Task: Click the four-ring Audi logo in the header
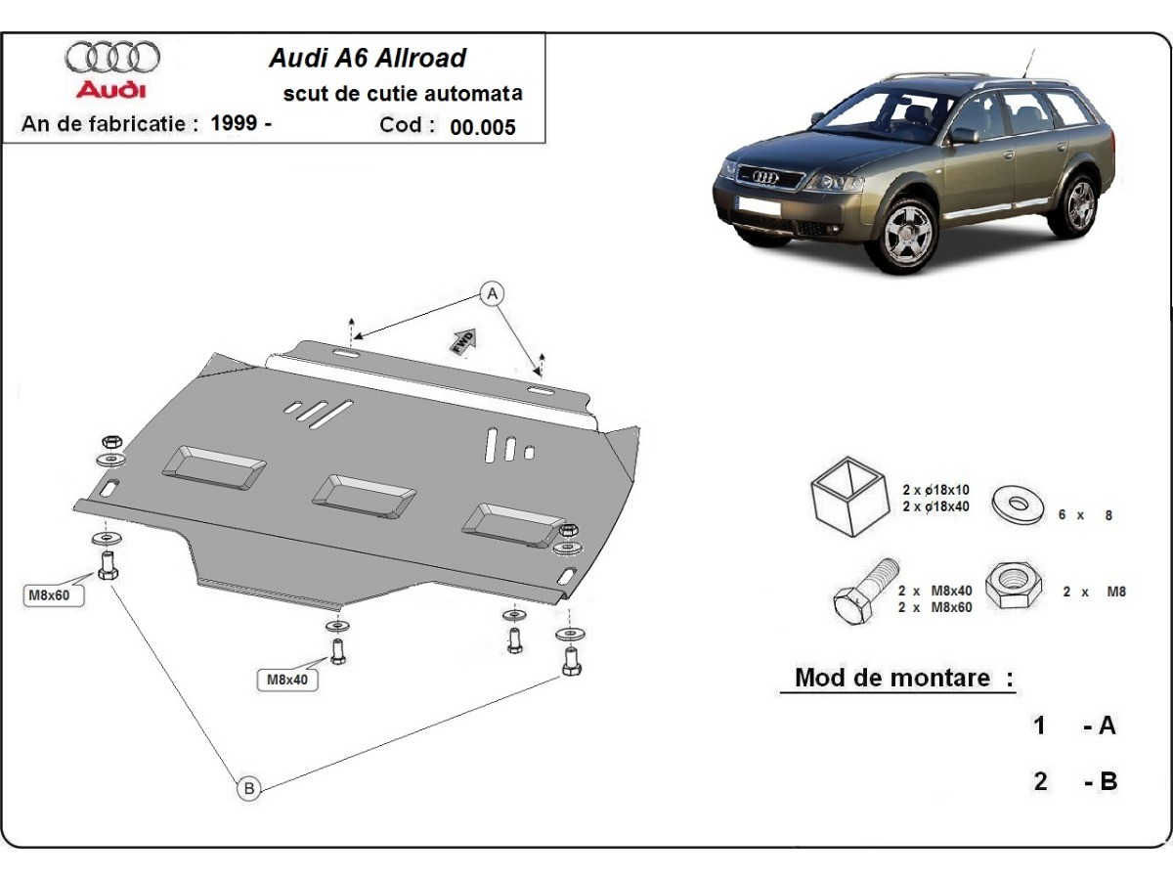[x=112, y=58]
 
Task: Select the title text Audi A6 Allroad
[x=367, y=58]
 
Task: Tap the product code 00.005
[x=483, y=127]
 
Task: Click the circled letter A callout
[x=493, y=292]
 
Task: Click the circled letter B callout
[x=249, y=788]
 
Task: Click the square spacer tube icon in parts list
[x=846, y=498]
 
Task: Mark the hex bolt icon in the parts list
[x=863, y=591]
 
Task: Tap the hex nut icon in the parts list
[x=1015, y=586]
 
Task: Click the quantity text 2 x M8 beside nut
[x=1094, y=592]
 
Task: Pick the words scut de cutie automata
[x=402, y=94]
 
